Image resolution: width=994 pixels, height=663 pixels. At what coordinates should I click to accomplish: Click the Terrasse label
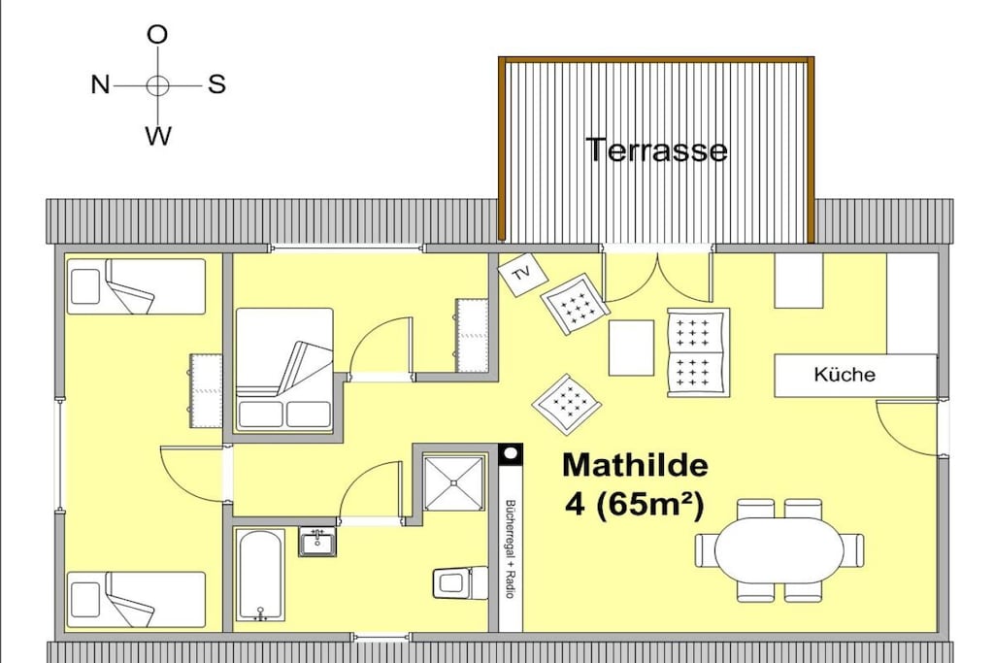[657, 150]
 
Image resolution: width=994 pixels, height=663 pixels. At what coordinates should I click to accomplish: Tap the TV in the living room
[522, 275]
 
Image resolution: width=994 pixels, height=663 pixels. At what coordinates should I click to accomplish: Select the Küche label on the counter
[845, 375]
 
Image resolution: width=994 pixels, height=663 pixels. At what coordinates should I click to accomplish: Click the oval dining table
[779, 548]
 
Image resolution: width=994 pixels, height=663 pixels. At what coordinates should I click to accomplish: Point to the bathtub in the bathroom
[260, 576]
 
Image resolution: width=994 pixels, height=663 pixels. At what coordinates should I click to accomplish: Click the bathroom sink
[317, 543]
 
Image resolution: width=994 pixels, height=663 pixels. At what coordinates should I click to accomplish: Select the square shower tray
[454, 482]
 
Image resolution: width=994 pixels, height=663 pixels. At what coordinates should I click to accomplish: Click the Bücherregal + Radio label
[509, 548]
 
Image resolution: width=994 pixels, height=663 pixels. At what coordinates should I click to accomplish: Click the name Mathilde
[635, 465]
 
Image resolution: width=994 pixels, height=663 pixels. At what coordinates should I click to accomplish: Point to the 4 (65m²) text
[635, 505]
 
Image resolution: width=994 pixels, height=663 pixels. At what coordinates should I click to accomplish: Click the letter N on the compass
[100, 84]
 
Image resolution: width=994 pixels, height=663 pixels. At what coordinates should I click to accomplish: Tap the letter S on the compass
[216, 84]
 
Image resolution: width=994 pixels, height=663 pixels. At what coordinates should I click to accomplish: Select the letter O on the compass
[157, 34]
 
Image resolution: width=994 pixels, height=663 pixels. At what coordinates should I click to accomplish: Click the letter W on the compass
[158, 135]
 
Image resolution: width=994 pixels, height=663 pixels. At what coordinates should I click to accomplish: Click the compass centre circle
[158, 84]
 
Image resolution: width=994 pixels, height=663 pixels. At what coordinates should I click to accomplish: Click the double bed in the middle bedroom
[284, 369]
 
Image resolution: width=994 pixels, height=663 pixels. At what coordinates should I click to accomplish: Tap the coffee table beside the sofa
[631, 348]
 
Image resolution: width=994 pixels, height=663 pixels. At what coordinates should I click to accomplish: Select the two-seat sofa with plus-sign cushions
[699, 353]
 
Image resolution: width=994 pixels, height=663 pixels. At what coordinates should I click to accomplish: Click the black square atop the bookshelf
[511, 455]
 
